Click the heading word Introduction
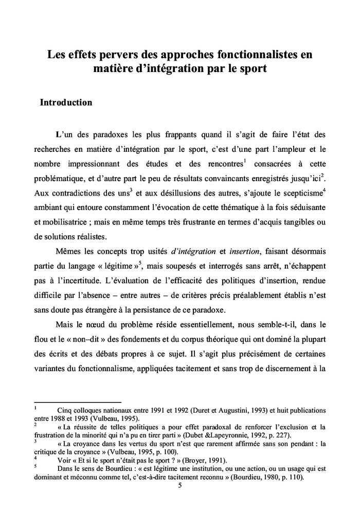click(x=66, y=102)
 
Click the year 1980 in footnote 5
click(x=269, y=477)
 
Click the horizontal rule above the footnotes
click(x=77, y=402)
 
